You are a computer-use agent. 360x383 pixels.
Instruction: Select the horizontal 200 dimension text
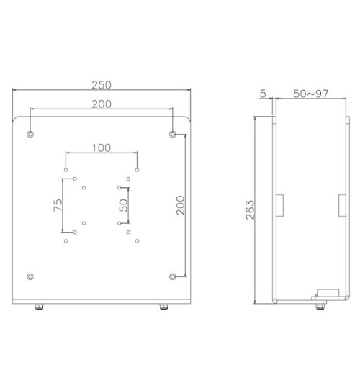tap(101, 104)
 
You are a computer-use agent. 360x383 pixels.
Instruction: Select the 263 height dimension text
tap(250, 209)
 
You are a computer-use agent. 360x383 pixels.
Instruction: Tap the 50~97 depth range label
tap(311, 94)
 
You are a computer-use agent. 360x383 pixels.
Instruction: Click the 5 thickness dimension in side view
tap(264, 94)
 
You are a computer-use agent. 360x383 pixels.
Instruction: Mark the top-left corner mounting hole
tap(30, 135)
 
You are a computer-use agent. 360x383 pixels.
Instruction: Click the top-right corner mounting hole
tap(172, 135)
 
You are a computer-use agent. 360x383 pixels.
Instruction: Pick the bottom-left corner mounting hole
tap(30, 276)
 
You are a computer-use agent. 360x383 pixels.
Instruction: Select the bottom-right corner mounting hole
tap(172, 276)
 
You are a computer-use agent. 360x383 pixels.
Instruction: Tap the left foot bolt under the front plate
tap(38, 307)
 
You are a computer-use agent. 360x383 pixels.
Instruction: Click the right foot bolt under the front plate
tap(163, 307)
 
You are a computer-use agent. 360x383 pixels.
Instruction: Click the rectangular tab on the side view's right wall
tap(341, 204)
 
